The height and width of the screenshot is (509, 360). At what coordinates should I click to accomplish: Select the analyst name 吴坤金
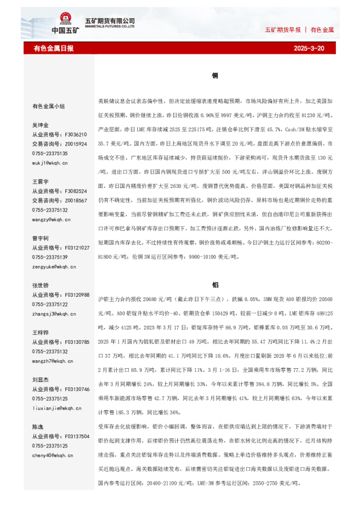pos(41,125)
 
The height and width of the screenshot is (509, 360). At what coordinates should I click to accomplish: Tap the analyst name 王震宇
pos(41,181)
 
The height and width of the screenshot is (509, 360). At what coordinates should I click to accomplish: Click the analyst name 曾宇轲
pos(41,238)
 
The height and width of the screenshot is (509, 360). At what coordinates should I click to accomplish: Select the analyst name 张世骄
pos(41,285)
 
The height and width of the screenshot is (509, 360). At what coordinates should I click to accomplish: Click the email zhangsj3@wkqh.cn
pos(56,314)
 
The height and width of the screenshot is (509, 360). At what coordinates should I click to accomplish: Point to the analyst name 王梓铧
pos(41,332)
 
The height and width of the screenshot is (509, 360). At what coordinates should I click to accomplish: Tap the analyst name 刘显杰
pos(41,380)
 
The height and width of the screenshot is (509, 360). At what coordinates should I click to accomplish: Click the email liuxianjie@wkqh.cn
pos(57,409)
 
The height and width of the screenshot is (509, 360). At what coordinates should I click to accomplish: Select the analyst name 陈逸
pos(38,427)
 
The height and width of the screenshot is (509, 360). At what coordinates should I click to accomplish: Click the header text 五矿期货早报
pos(283,29)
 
